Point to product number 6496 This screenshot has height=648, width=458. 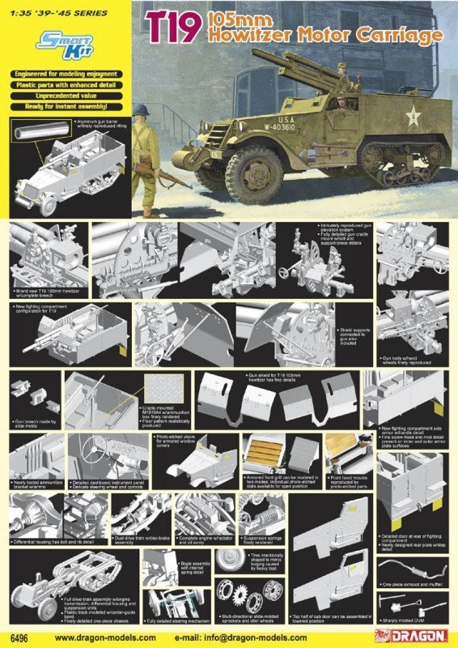tap(19, 637)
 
